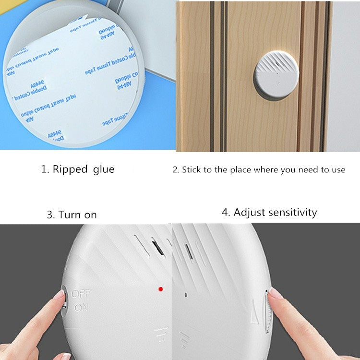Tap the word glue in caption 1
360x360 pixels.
point(104,169)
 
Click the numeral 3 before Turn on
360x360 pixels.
point(50,215)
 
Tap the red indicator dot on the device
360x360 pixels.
point(160,289)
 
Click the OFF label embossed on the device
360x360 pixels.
point(81,293)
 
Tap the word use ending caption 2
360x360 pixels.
point(338,170)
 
